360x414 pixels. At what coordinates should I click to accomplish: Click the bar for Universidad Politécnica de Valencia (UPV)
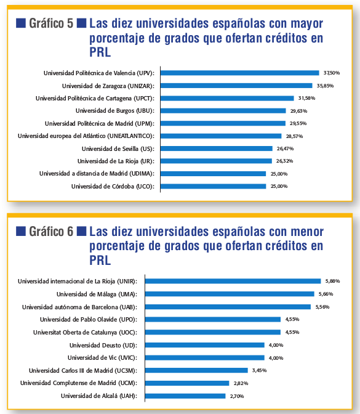pyautogui.click(x=240, y=73)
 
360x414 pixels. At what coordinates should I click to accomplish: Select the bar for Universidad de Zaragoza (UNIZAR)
pyautogui.click(x=236, y=86)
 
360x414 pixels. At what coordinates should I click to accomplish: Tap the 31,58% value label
pyautogui.click(x=306, y=98)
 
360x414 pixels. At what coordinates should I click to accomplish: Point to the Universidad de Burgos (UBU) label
pyautogui.click(x=115, y=111)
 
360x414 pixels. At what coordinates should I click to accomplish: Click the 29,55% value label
pyautogui.click(x=298, y=123)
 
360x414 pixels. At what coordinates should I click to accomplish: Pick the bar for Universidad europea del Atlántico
pyautogui.click(x=221, y=136)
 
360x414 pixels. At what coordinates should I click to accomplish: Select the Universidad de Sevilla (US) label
pyautogui.click(x=118, y=149)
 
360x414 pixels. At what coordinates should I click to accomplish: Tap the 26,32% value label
pyautogui.click(x=284, y=161)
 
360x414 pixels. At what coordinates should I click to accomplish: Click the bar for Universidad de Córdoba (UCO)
pyautogui.click(x=213, y=187)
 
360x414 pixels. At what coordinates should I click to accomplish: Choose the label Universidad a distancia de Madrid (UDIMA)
pyautogui.click(x=97, y=174)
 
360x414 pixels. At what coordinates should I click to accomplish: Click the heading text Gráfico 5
pyautogui.click(x=51, y=23)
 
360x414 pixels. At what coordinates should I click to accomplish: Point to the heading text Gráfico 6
pyautogui.click(x=51, y=232)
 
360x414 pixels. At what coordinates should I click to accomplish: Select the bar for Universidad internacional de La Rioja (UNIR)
pyautogui.click(x=233, y=281)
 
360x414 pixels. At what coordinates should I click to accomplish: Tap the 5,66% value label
pyautogui.click(x=326, y=294)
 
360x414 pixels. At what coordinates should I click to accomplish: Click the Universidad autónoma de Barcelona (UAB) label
pyautogui.click(x=79, y=307)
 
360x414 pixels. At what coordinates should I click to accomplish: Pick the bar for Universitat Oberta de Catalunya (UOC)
pyautogui.click(x=213, y=332)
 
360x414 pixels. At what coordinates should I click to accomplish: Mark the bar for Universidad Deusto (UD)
pyautogui.click(x=205, y=345)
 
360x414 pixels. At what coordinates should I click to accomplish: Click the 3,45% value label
pyautogui.click(x=259, y=370)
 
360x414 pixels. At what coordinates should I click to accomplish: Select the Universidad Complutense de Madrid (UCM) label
pyautogui.click(x=79, y=383)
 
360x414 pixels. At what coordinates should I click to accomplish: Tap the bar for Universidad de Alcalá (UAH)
pyautogui.click(x=185, y=396)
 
